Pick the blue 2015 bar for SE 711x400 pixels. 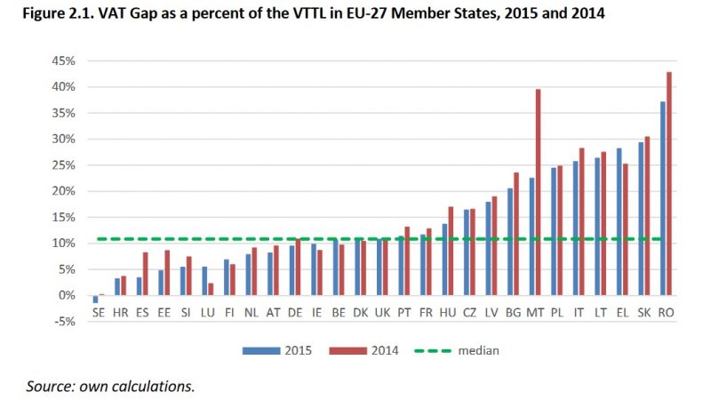(x=95, y=299)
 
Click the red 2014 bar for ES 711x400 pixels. (x=145, y=274)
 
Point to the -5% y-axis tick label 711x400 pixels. (x=66, y=322)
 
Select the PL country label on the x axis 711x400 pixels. (x=557, y=312)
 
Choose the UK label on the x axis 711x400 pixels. (x=382, y=312)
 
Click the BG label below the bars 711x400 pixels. (x=513, y=312)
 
